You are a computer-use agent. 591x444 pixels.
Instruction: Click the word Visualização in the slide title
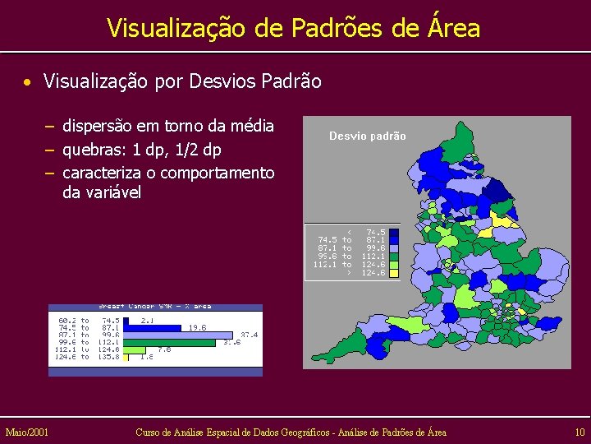(174, 28)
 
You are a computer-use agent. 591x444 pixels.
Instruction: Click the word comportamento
(218, 173)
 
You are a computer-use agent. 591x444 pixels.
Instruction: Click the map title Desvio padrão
(367, 136)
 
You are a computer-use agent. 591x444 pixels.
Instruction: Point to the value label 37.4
(249, 335)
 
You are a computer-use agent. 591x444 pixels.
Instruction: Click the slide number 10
(580, 432)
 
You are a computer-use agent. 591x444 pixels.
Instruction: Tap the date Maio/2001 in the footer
(26, 432)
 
